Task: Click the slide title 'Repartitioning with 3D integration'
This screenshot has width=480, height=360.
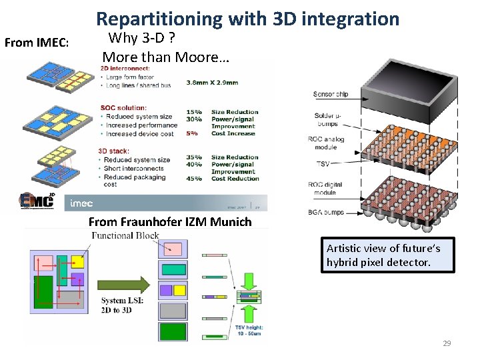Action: click(248, 19)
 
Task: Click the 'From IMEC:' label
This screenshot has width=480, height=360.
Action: click(37, 43)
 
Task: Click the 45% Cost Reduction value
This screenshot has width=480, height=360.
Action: click(194, 179)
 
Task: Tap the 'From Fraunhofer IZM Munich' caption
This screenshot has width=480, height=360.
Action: click(170, 222)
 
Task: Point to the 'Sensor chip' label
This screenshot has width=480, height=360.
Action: click(331, 94)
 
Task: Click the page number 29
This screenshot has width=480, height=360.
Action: click(447, 343)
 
